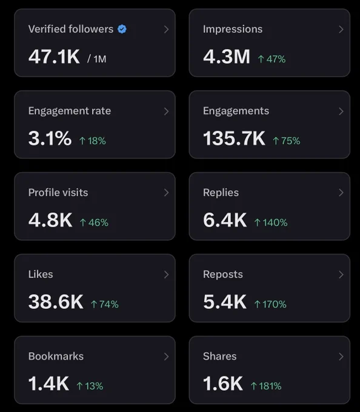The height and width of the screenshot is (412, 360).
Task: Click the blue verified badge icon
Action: [x=122, y=29]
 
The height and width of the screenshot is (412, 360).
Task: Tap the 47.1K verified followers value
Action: [x=54, y=56]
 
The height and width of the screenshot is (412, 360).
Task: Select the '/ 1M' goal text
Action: [x=97, y=59]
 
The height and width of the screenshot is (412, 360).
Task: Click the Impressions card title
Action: [x=233, y=29]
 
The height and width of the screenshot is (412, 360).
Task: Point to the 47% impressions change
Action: [x=272, y=59]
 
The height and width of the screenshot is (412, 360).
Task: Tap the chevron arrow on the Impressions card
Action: [x=341, y=30]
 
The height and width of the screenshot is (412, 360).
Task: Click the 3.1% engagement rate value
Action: [x=50, y=138]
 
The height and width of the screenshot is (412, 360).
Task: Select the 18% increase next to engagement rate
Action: [x=93, y=141]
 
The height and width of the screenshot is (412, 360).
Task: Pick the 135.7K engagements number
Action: [x=234, y=138]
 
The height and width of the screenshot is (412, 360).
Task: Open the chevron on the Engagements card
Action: [x=341, y=111]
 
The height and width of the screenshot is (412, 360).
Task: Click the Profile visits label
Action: [x=58, y=193]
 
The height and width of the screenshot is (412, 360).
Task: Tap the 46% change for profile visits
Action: [x=94, y=222]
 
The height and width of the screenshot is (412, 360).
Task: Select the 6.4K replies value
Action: [x=225, y=220]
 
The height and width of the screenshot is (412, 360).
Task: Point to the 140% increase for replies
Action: [x=271, y=222]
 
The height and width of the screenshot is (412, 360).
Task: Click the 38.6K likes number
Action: [x=56, y=302]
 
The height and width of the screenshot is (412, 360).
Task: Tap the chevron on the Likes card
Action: [x=166, y=274]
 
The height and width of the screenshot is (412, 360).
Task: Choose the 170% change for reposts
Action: [x=270, y=304]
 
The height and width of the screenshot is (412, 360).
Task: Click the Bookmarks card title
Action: [x=56, y=356]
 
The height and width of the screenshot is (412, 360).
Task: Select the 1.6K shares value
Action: [x=223, y=384]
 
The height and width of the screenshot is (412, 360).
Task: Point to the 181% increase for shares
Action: [x=266, y=386]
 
